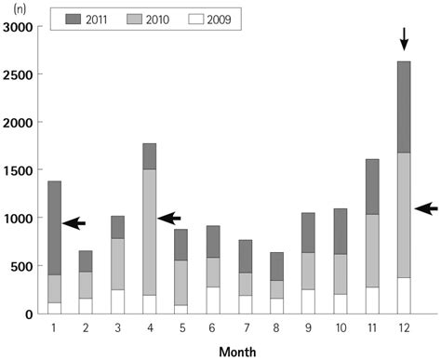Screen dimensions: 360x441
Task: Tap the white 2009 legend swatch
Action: point(229,18)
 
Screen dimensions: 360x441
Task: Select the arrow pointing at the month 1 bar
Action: point(73,223)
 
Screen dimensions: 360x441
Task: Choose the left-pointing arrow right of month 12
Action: point(425,209)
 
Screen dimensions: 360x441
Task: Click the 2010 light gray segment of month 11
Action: point(371,250)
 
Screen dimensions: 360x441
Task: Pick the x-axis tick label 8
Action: point(276,327)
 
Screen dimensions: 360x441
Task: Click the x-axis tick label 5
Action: point(181,327)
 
